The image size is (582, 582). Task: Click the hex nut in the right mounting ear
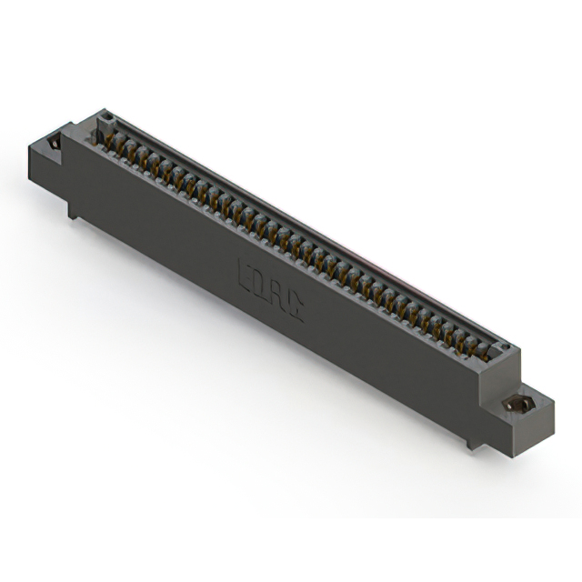coord(520,403)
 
